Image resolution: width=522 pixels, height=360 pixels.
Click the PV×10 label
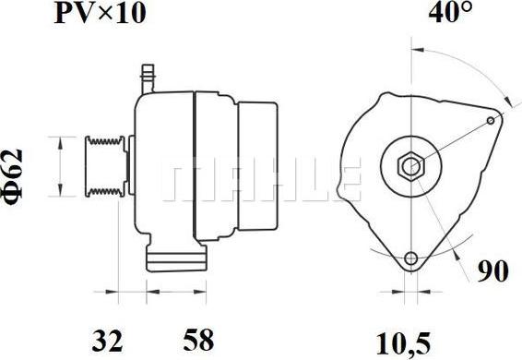[100, 14]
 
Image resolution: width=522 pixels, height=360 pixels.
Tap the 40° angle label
[450, 13]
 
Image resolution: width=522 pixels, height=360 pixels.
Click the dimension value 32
[108, 341]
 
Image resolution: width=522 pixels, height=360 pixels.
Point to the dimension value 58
[198, 341]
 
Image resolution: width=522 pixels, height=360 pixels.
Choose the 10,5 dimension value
[403, 343]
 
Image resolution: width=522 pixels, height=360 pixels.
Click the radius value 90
[493, 271]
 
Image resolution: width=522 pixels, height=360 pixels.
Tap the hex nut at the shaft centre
[411, 166]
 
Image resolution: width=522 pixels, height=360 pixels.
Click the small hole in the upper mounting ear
[491, 120]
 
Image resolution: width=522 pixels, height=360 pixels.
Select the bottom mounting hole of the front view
[411, 258]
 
